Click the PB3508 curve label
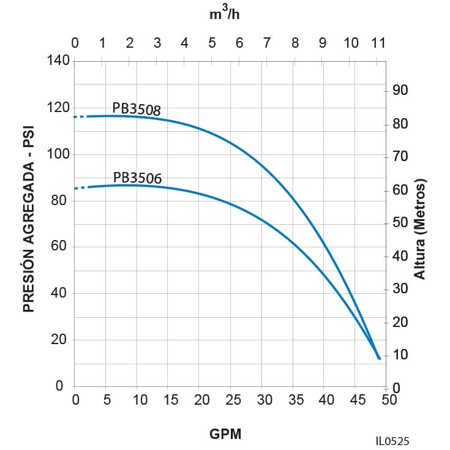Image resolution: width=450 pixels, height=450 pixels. point(136,109)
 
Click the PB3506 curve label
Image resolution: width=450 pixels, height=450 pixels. point(137,178)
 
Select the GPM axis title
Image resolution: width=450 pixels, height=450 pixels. point(225,434)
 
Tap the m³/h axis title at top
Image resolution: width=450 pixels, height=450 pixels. point(225,13)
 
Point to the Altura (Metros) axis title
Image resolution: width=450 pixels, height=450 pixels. point(420,229)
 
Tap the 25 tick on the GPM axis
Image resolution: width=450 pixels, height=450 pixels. point(231,400)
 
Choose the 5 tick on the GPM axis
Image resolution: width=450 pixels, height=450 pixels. point(107,400)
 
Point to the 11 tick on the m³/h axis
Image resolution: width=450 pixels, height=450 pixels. point(378,43)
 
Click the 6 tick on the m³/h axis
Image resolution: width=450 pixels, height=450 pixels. point(239,43)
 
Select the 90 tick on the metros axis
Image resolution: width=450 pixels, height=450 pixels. point(400,91)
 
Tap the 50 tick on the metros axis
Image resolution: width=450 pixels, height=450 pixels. point(400,223)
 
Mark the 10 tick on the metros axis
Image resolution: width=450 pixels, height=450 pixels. point(400,355)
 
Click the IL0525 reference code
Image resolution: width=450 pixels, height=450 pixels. point(393,440)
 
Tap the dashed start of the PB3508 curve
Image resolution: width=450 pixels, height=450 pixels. point(80,116)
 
